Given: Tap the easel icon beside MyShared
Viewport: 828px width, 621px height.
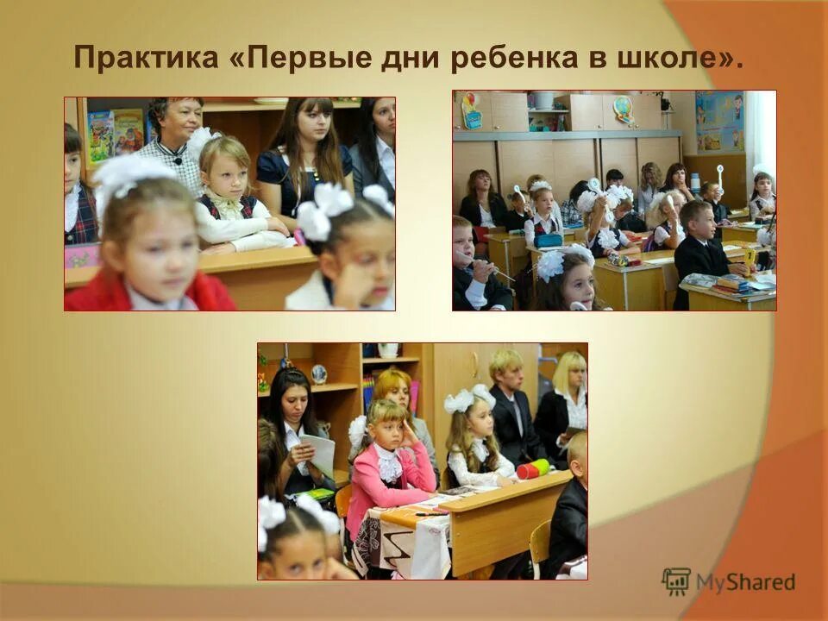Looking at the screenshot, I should (676, 581).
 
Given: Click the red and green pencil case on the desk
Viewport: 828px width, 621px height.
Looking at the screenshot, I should (533, 469).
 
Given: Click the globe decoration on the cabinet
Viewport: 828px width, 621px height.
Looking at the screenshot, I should (623, 109).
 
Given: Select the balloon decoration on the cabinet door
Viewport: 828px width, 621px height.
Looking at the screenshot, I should (471, 110).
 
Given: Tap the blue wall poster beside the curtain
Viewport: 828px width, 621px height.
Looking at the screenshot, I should (718, 121).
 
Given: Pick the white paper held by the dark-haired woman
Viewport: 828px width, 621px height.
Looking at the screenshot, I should (318, 455).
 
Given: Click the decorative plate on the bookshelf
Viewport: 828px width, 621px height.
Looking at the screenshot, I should (318, 373).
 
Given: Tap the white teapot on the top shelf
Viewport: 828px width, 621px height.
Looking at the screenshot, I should (388, 349).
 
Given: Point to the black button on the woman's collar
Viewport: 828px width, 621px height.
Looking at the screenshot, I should (178, 160).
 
